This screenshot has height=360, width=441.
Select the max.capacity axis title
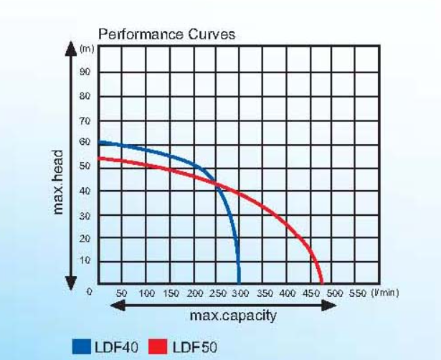[232, 316]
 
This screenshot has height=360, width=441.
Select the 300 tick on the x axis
[239, 293]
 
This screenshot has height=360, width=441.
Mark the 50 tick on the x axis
[121, 293]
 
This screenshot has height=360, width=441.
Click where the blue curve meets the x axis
[239, 283]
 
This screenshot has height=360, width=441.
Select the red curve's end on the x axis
[322, 283]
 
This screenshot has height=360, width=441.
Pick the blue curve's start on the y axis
[99, 142]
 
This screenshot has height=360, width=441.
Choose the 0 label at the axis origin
[90, 292]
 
